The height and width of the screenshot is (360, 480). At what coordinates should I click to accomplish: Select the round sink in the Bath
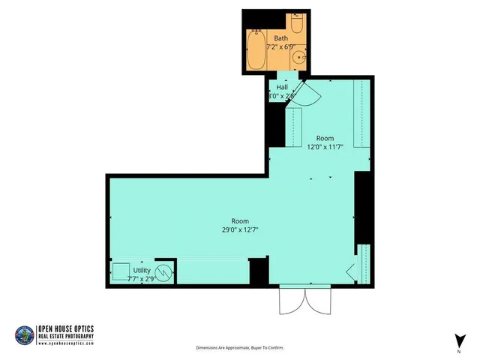click(x=299, y=56)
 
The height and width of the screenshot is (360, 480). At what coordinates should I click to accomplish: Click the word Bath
click(x=280, y=37)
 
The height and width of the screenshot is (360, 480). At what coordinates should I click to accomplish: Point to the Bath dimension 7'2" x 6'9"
click(x=280, y=46)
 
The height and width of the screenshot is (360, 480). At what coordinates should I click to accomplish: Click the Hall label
click(x=282, y=87)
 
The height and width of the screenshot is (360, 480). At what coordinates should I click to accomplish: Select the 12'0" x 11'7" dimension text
click(x=325, y=147)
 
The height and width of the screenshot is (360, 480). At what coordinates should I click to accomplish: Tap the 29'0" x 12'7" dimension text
click(x=240, y=229)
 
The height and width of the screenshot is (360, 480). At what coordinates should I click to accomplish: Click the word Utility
click(x=142, y=270)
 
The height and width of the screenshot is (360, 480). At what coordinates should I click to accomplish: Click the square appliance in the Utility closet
click(x=120, y=271)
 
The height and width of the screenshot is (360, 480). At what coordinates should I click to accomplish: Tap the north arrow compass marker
click(x=457, y=340)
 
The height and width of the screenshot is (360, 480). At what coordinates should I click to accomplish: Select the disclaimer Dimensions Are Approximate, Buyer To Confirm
click(x=240, y=348)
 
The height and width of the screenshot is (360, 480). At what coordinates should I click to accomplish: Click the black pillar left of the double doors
click(x=259, y=271)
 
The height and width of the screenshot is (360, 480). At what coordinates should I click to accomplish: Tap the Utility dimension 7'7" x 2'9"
click(x=142, y=277)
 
